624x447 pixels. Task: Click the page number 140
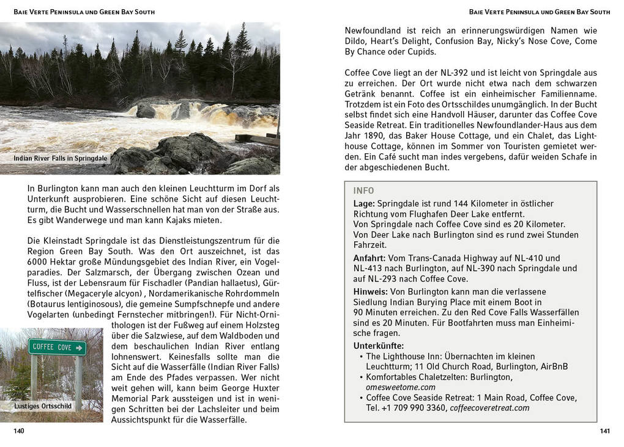point(19,431)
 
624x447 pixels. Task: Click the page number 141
point(604,431)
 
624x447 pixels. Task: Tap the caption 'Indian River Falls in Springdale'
point(60,159)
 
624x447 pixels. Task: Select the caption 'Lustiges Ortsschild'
point(43,406)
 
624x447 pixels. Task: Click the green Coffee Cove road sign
point(57,347)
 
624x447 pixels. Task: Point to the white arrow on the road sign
point(78,347)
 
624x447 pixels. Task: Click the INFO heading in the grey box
point(363,191)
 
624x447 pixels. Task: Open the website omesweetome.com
point(401,387)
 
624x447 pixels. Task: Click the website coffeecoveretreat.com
point(489,408)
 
